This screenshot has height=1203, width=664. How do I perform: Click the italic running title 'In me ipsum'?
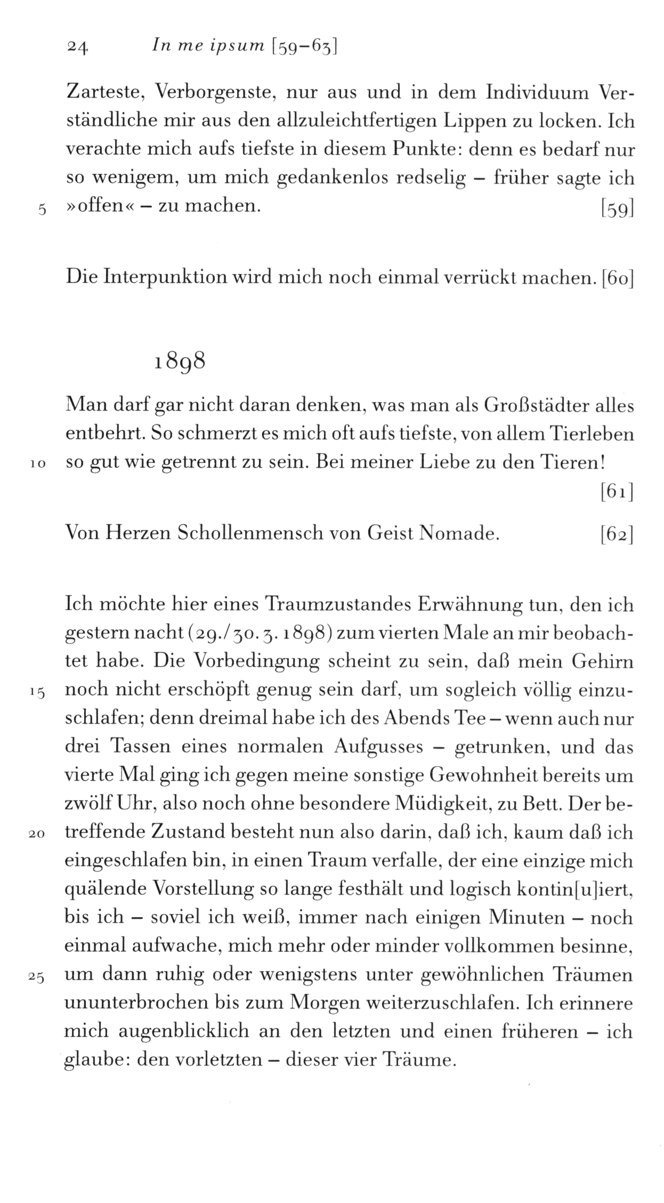[x=208, y=47]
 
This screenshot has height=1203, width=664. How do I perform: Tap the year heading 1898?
[x=180, y=362]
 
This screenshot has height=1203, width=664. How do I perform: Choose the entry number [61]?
[x=617, y=493]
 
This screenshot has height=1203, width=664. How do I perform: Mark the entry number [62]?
[x=617, y=533]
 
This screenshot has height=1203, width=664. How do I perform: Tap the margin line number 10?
[x=39, y=464]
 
